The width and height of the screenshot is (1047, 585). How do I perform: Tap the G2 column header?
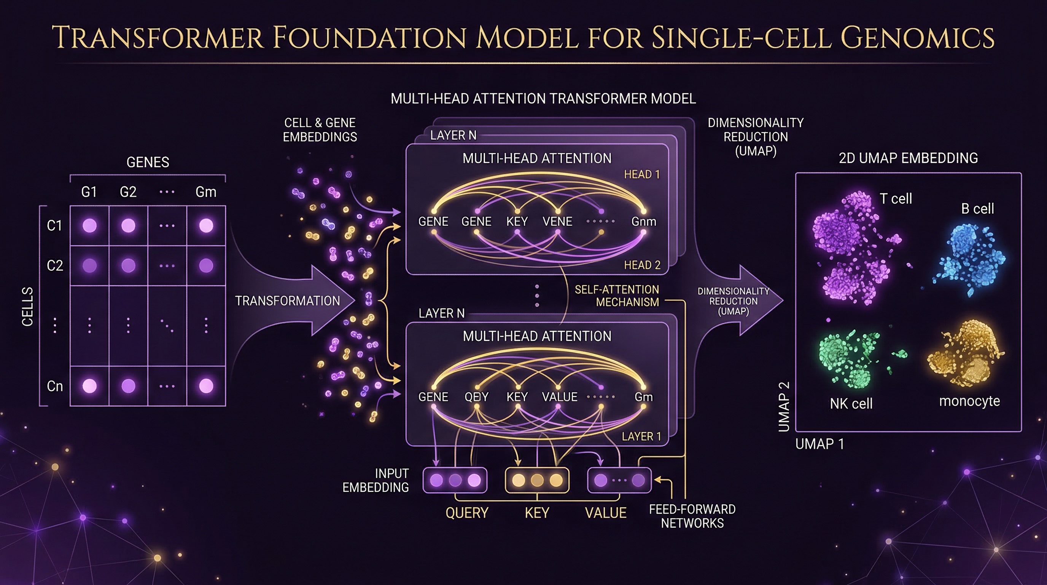click(x=128, y=192)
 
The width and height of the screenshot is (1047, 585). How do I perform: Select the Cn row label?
click(x=55, y=386)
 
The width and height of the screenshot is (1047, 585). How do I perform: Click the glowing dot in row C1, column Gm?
click(x=206, y=225)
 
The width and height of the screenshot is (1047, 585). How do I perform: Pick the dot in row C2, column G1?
click(x=89, y=266)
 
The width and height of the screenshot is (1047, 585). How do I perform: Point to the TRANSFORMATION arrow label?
click(x=287, y=300)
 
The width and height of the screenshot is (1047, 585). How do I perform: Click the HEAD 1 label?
click(x=642, y=174)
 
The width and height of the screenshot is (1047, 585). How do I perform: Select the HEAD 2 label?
click(x=642, y=265)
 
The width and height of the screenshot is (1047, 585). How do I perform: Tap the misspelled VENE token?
click(x=557, y=221)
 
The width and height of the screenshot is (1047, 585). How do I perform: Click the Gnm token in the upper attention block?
click(x=644, y=221)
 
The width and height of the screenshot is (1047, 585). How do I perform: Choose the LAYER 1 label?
click(x=641, y=436)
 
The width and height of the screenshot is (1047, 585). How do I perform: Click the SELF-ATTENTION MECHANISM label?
click(x=617, y=296)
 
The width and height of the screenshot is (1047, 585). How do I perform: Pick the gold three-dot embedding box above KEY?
click(x=537, y=480)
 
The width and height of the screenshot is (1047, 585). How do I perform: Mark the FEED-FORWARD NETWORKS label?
click(x=692, y=516)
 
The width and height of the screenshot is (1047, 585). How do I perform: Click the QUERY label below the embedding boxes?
click(x=466, y=513)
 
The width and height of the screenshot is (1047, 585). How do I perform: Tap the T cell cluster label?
click(x=896, y=198)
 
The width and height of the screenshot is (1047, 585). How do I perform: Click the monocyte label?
click(x=969, y=401)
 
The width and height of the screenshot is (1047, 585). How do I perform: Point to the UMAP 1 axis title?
click(x=819, y=443)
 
